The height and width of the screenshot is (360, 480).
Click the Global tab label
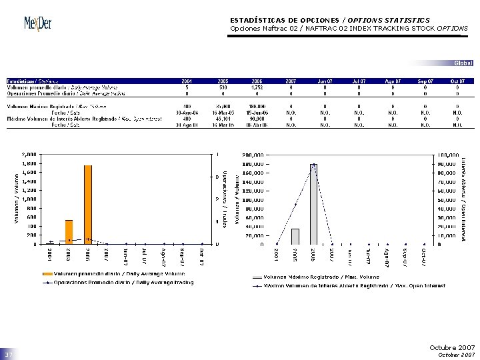coord(463,63)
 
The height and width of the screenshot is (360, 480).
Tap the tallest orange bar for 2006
coord(88,203)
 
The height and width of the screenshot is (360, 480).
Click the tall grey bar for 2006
coord(313,203)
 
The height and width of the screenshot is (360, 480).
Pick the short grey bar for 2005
coord(295,236)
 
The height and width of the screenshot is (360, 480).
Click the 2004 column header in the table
coord(188,81)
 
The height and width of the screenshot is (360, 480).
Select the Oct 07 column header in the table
coord(457,81)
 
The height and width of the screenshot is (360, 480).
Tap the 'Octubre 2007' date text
coord(453,348)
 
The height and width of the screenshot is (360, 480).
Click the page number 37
coord(9,353)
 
